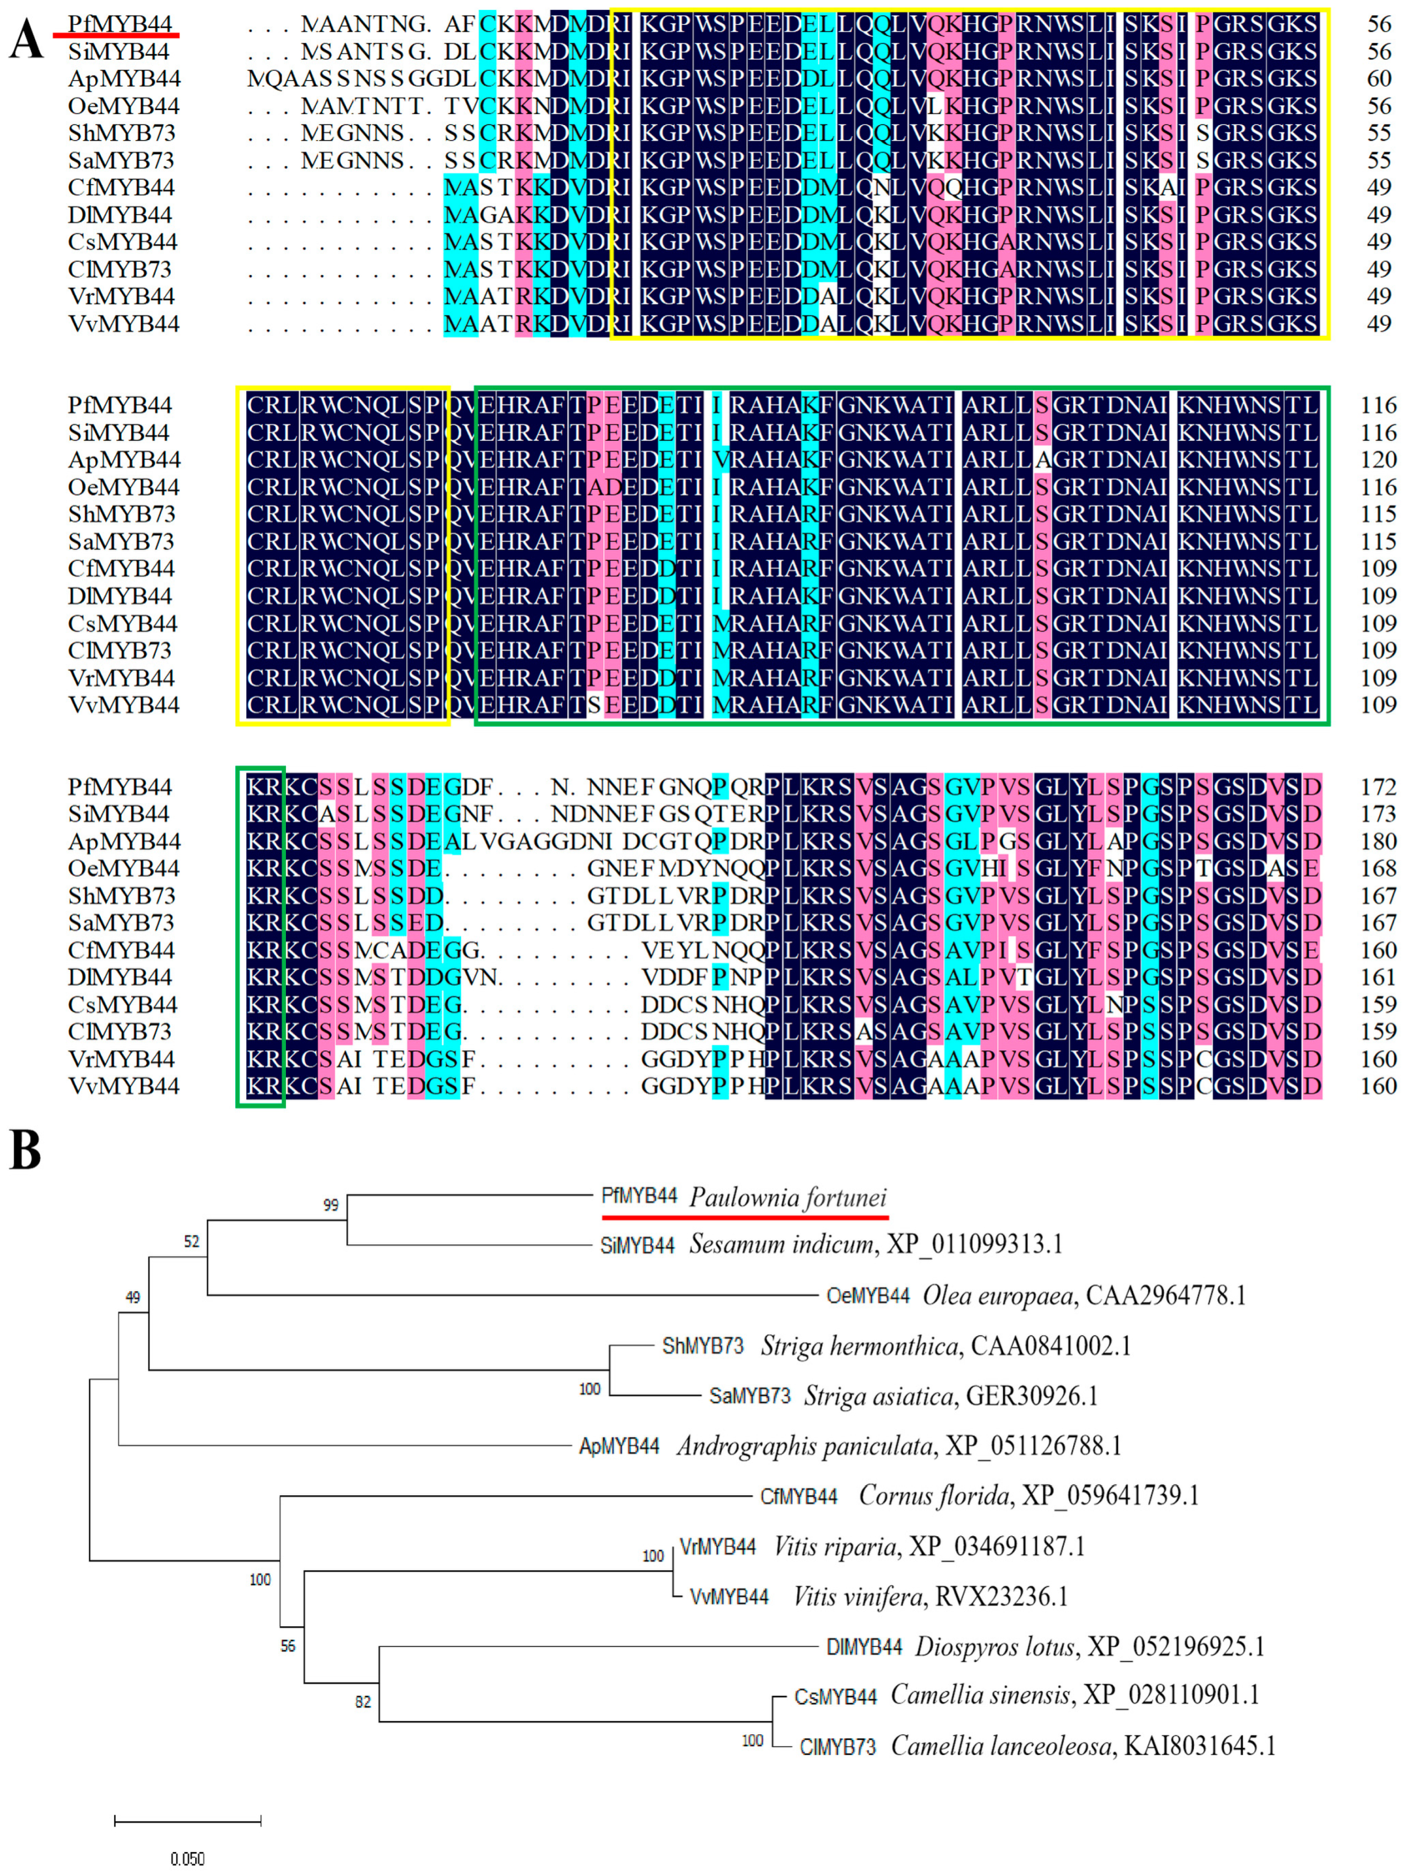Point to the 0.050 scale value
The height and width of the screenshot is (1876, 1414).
pyautogui.click(x=187, y=1859)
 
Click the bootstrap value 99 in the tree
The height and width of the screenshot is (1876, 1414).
pyautogui.click(x=331, y=1205)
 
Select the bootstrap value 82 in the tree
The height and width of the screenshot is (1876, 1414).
pyautogui.click(x=363, y=1701)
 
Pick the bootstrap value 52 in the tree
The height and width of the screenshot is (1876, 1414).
pyautogui.click(x=192, y=1242)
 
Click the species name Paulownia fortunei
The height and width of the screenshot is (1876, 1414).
pyautogui.click(x=787, y=1198)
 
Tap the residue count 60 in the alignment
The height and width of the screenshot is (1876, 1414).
pyautogui.click(x=1379, y=79)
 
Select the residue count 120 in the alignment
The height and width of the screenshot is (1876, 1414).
pyautogui.click(x=1378, y=460)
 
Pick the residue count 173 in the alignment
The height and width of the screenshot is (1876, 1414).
pyautogui.click(x=1378, y=814)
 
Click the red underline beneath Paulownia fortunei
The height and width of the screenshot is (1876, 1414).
pyautogui.click(x=745, y=1217)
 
